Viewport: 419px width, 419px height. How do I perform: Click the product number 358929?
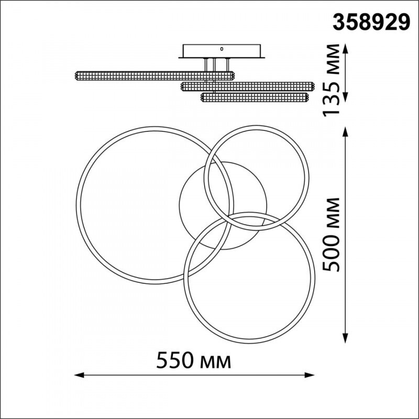point(371,23)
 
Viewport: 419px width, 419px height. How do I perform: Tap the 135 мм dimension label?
point(331,80)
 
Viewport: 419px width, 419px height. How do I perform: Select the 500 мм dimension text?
point(331,235)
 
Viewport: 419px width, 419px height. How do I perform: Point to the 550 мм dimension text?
point(193,360)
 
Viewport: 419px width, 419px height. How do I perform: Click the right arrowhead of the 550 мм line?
point(310,375)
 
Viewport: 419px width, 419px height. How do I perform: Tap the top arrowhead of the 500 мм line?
point(345,132)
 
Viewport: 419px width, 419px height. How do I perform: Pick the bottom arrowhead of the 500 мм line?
point(345,338)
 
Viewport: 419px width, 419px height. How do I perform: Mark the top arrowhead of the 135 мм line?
point(345,49)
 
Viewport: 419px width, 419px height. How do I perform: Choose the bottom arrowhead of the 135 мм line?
point(345,97)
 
